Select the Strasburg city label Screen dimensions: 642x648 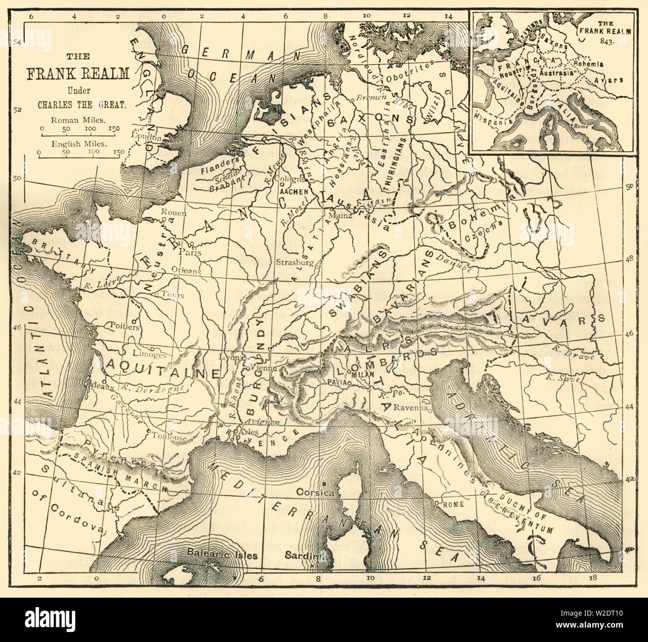point(295,262)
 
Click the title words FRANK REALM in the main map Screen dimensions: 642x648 point(76,74)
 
